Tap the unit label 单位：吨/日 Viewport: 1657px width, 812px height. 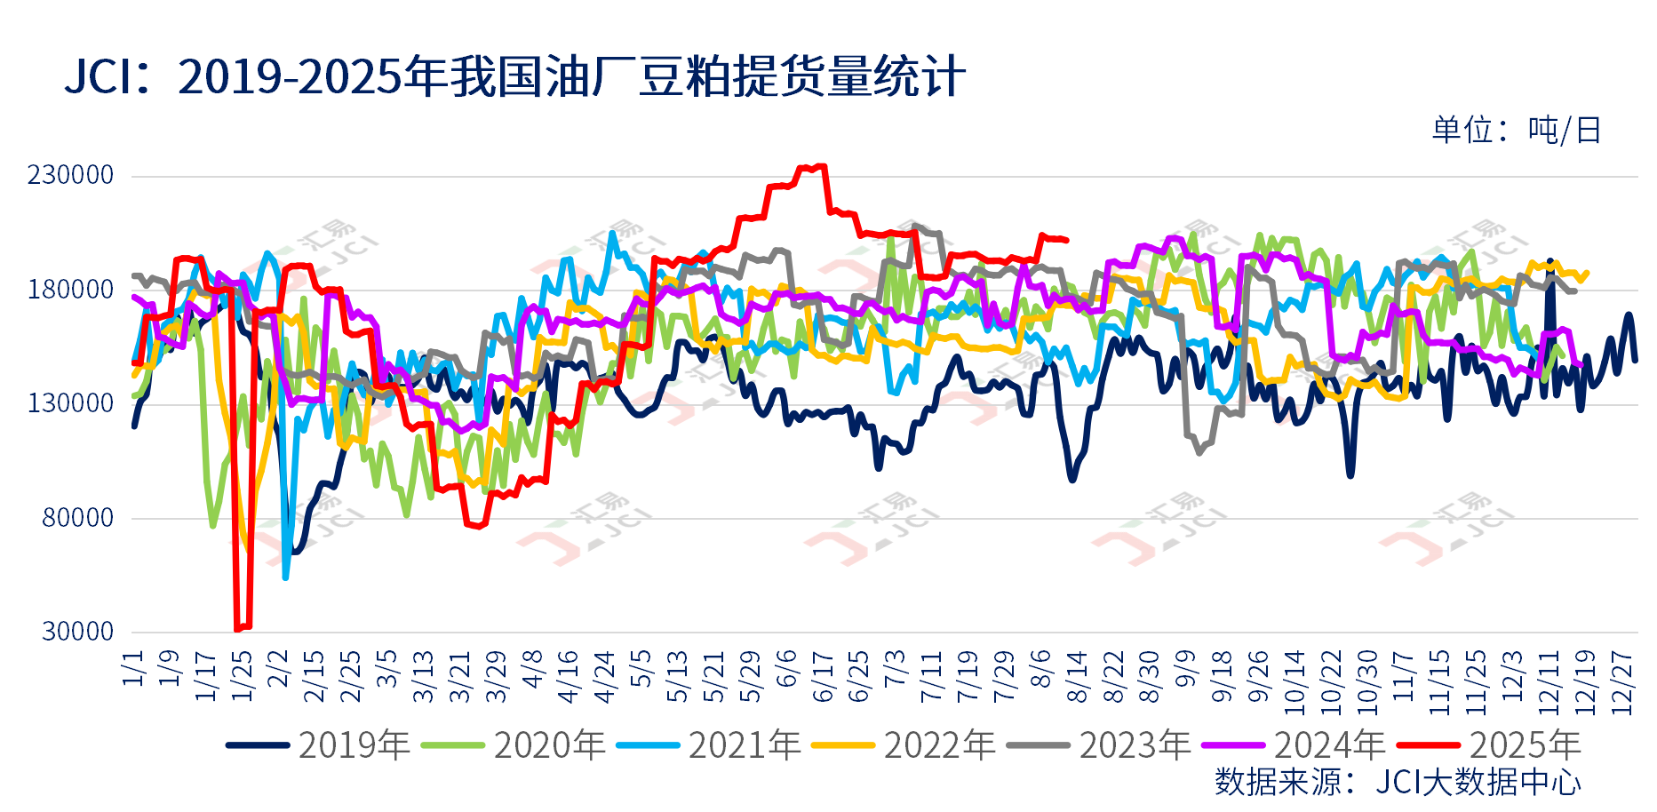click(x=1516, y=131)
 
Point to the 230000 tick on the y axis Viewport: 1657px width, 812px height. click(x=71, y=175)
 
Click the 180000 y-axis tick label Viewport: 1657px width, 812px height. click(x=71, y=290)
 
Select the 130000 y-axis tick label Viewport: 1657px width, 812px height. click(x=71, y=403)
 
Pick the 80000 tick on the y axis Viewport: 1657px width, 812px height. click(x=78, y=518)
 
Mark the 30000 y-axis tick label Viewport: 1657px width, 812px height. click(x=78, y=632)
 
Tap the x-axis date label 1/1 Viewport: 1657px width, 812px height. click(x=133, y=668)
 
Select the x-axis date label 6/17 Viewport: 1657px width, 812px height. click(x=823, y=677)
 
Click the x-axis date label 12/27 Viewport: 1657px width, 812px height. click(x=1622, y=682)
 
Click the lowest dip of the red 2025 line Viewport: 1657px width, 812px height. click(x=237, y=630)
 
